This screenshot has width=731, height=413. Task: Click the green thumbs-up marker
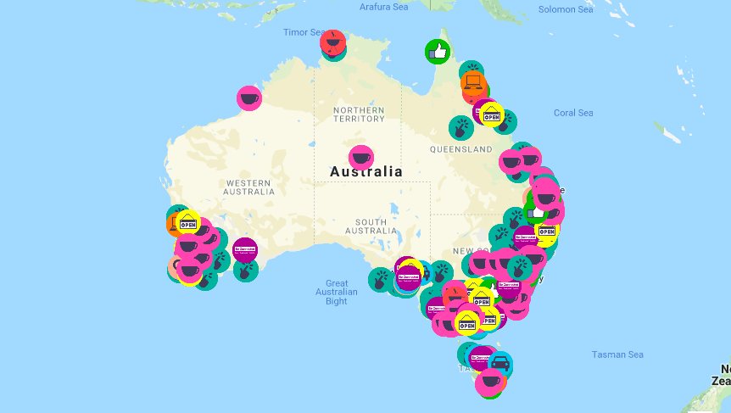[437, 52]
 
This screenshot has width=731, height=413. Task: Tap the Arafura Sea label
[384, 7]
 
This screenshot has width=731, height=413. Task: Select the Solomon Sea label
[566, 10]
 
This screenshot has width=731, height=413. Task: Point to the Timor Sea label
[304, 32]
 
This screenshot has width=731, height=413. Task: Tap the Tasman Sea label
[618, 354]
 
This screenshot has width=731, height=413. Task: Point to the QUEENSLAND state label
[460, 149]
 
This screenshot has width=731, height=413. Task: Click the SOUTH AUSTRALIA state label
[371, 226]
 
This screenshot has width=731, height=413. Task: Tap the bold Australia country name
[366, 171]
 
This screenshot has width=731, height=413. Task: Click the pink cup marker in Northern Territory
[361, 157]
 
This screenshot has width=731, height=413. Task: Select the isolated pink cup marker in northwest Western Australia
[248, 98]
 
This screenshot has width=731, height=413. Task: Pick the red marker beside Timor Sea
[332, 42]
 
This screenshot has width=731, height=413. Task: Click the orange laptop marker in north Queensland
[473, 84]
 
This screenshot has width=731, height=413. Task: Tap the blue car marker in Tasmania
[500, 364]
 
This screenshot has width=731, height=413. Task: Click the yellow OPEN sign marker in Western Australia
[187, 223]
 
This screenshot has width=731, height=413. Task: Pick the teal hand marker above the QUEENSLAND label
[460, 129]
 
